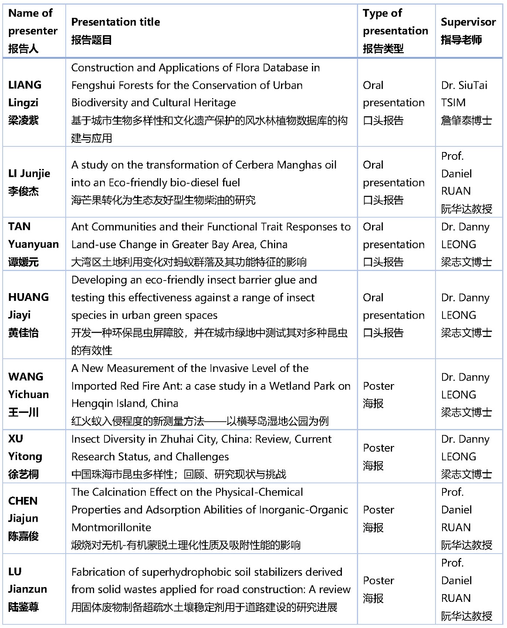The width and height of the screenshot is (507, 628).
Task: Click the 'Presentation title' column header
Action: (115, 22)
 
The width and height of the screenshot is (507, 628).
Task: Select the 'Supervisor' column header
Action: (468, 22)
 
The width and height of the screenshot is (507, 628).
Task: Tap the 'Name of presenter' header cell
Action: (33, 30)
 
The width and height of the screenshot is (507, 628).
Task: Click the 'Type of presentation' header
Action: (395, 30)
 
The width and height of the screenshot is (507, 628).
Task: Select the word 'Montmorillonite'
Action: (111, 527)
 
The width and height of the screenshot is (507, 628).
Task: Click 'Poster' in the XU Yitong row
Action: (379, 448)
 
